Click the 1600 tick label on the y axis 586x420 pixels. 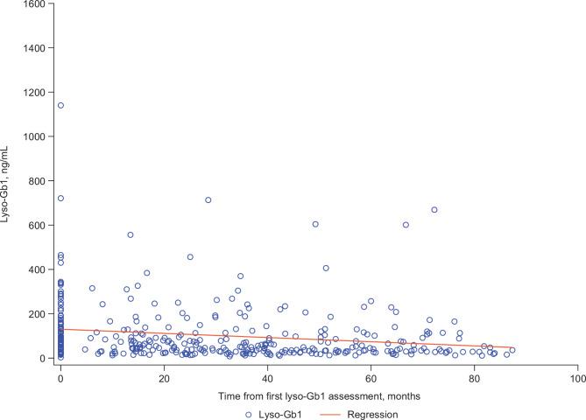click(33, 5)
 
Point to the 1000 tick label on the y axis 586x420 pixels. click(33, 137)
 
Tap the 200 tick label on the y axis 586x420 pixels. click(36, 314)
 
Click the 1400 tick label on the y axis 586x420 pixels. click(33, 49)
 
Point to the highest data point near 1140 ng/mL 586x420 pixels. click(60, 106)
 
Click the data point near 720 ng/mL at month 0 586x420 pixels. click(60, 199)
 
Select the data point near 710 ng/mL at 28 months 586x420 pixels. click(208, 200)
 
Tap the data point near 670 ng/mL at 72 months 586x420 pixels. click(434, 210)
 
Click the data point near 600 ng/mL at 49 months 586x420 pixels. click(315, 224)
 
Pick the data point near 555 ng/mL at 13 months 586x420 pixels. click(131, 234)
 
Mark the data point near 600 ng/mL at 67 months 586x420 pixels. click(406, 225)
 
